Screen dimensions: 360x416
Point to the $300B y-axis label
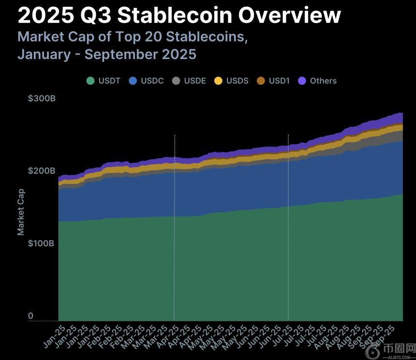[x=42, y=99]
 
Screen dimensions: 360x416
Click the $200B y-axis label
[x=42, y=171]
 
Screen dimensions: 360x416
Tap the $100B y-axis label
[x=42, y=243]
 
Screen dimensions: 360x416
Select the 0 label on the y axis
[x=30, y=316]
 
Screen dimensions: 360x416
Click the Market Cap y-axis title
[x=21, y=211]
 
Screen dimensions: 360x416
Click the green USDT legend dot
[x=90, y=81]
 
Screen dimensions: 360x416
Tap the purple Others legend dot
[x=302, y=81]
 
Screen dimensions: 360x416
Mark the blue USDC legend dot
[x=133, y=81]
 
